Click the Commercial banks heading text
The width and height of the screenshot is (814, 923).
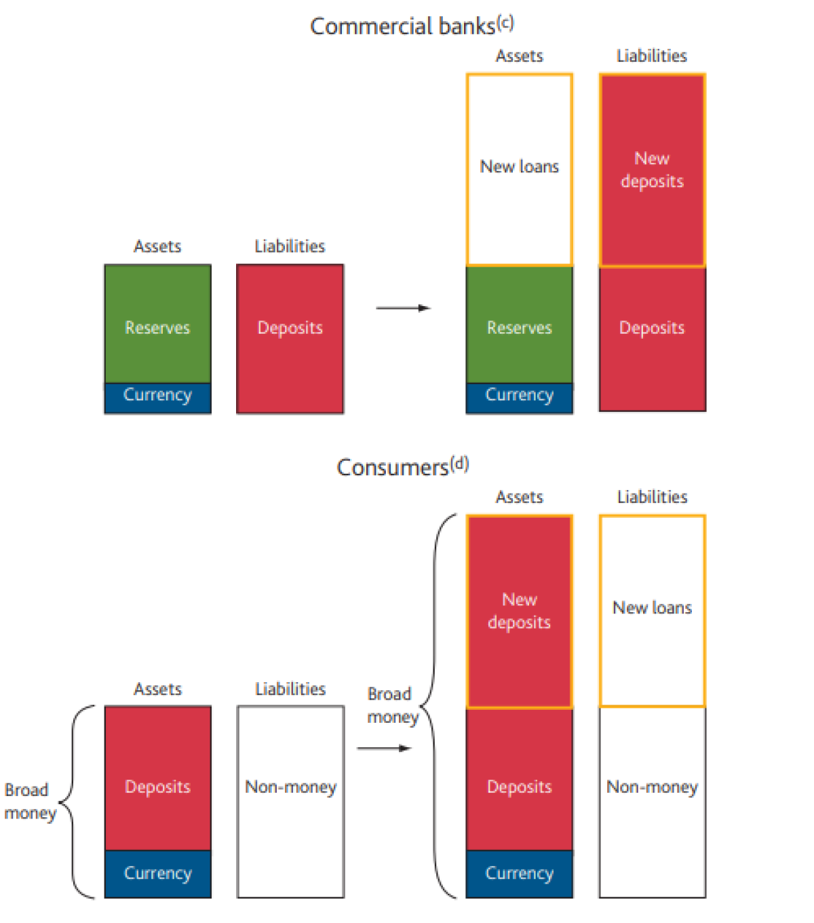[x=402, y=26]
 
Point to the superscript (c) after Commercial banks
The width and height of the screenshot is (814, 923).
[x=505, y=22]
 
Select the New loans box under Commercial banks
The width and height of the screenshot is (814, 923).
[x=520, y=169]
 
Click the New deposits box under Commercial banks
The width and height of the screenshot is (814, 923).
[x=652, y=170]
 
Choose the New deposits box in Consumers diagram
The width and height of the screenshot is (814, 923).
[x=520, y=611]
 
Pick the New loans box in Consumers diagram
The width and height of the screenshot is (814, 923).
[x=652, y=611]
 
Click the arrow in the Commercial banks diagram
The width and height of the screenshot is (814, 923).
[x=404, y=308]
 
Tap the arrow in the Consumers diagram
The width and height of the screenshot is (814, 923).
[x=385, y=749]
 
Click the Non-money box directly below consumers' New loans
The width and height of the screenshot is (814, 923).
[x=652, y=801]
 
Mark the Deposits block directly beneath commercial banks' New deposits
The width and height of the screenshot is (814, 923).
[x=652, y=338]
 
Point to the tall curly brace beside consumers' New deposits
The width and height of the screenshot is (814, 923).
[x=438, y=706]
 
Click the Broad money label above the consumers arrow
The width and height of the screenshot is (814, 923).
[x=391, y=705]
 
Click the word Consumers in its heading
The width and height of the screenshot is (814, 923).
[x=393, y=468]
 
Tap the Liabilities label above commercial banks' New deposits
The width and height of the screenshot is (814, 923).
[x=651, y=56]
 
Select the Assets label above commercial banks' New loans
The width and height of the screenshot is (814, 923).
[x=520, y=56]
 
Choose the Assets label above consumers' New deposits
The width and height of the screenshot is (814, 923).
[x=520, y=497]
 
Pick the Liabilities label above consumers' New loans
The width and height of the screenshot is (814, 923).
[x=652, y=497]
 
